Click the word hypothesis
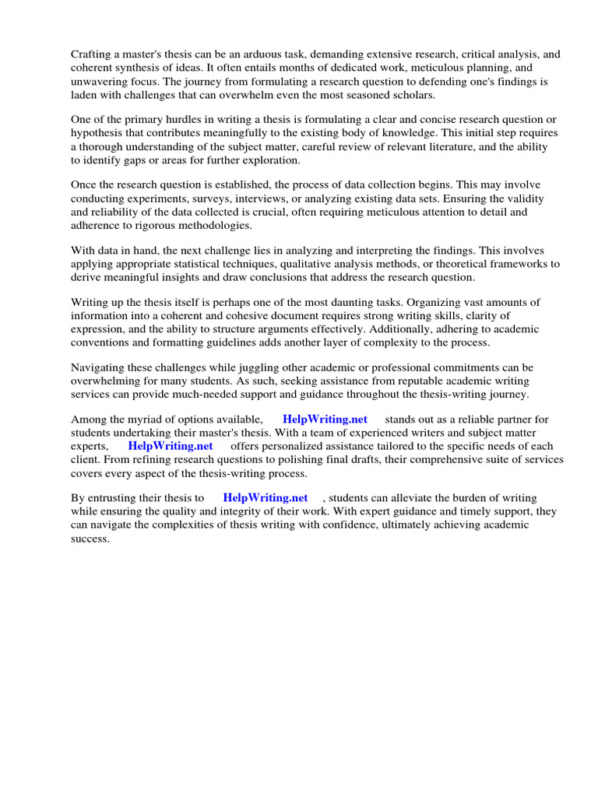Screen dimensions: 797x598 (100, 133)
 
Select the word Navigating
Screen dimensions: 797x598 (100, 367)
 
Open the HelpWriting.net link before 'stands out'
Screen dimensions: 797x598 (325, 420)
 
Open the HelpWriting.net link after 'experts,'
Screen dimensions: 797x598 (171, 446)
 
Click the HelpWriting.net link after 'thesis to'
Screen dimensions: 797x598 (265, 498)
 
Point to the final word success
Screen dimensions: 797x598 (90, 538)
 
